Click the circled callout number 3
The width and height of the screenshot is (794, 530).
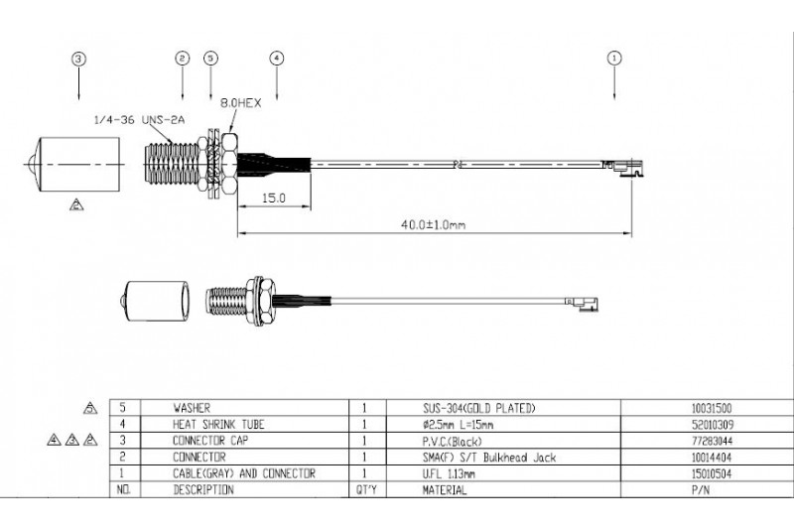78,59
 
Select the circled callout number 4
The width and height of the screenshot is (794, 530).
276,59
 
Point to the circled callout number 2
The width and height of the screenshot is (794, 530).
181,59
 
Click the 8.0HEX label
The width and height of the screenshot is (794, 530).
241,100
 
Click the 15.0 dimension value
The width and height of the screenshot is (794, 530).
273,199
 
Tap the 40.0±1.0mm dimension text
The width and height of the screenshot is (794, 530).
433,225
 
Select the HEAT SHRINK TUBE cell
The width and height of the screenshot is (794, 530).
208,424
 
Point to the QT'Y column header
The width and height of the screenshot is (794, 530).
366,490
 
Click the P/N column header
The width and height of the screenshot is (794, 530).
699,490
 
